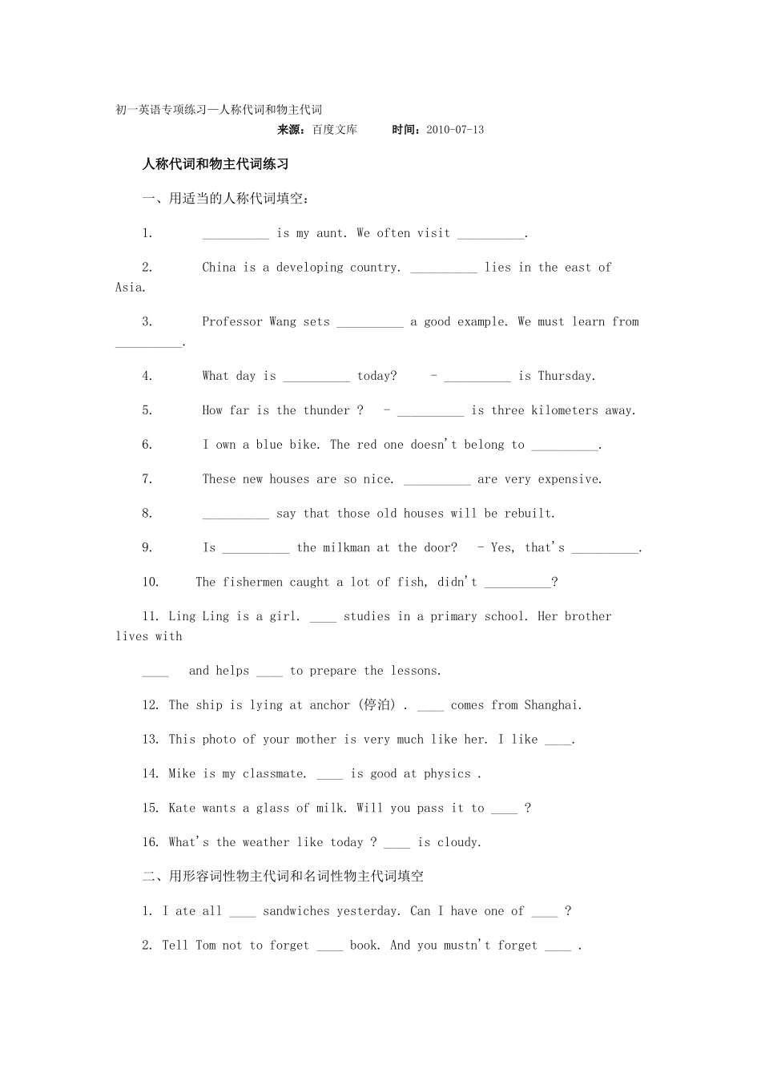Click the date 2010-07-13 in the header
455,130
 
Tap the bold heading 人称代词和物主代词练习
215,164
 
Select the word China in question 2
219,268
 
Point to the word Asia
129,288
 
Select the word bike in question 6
304,445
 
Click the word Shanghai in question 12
552,705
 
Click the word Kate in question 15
182,808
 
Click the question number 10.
151,583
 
